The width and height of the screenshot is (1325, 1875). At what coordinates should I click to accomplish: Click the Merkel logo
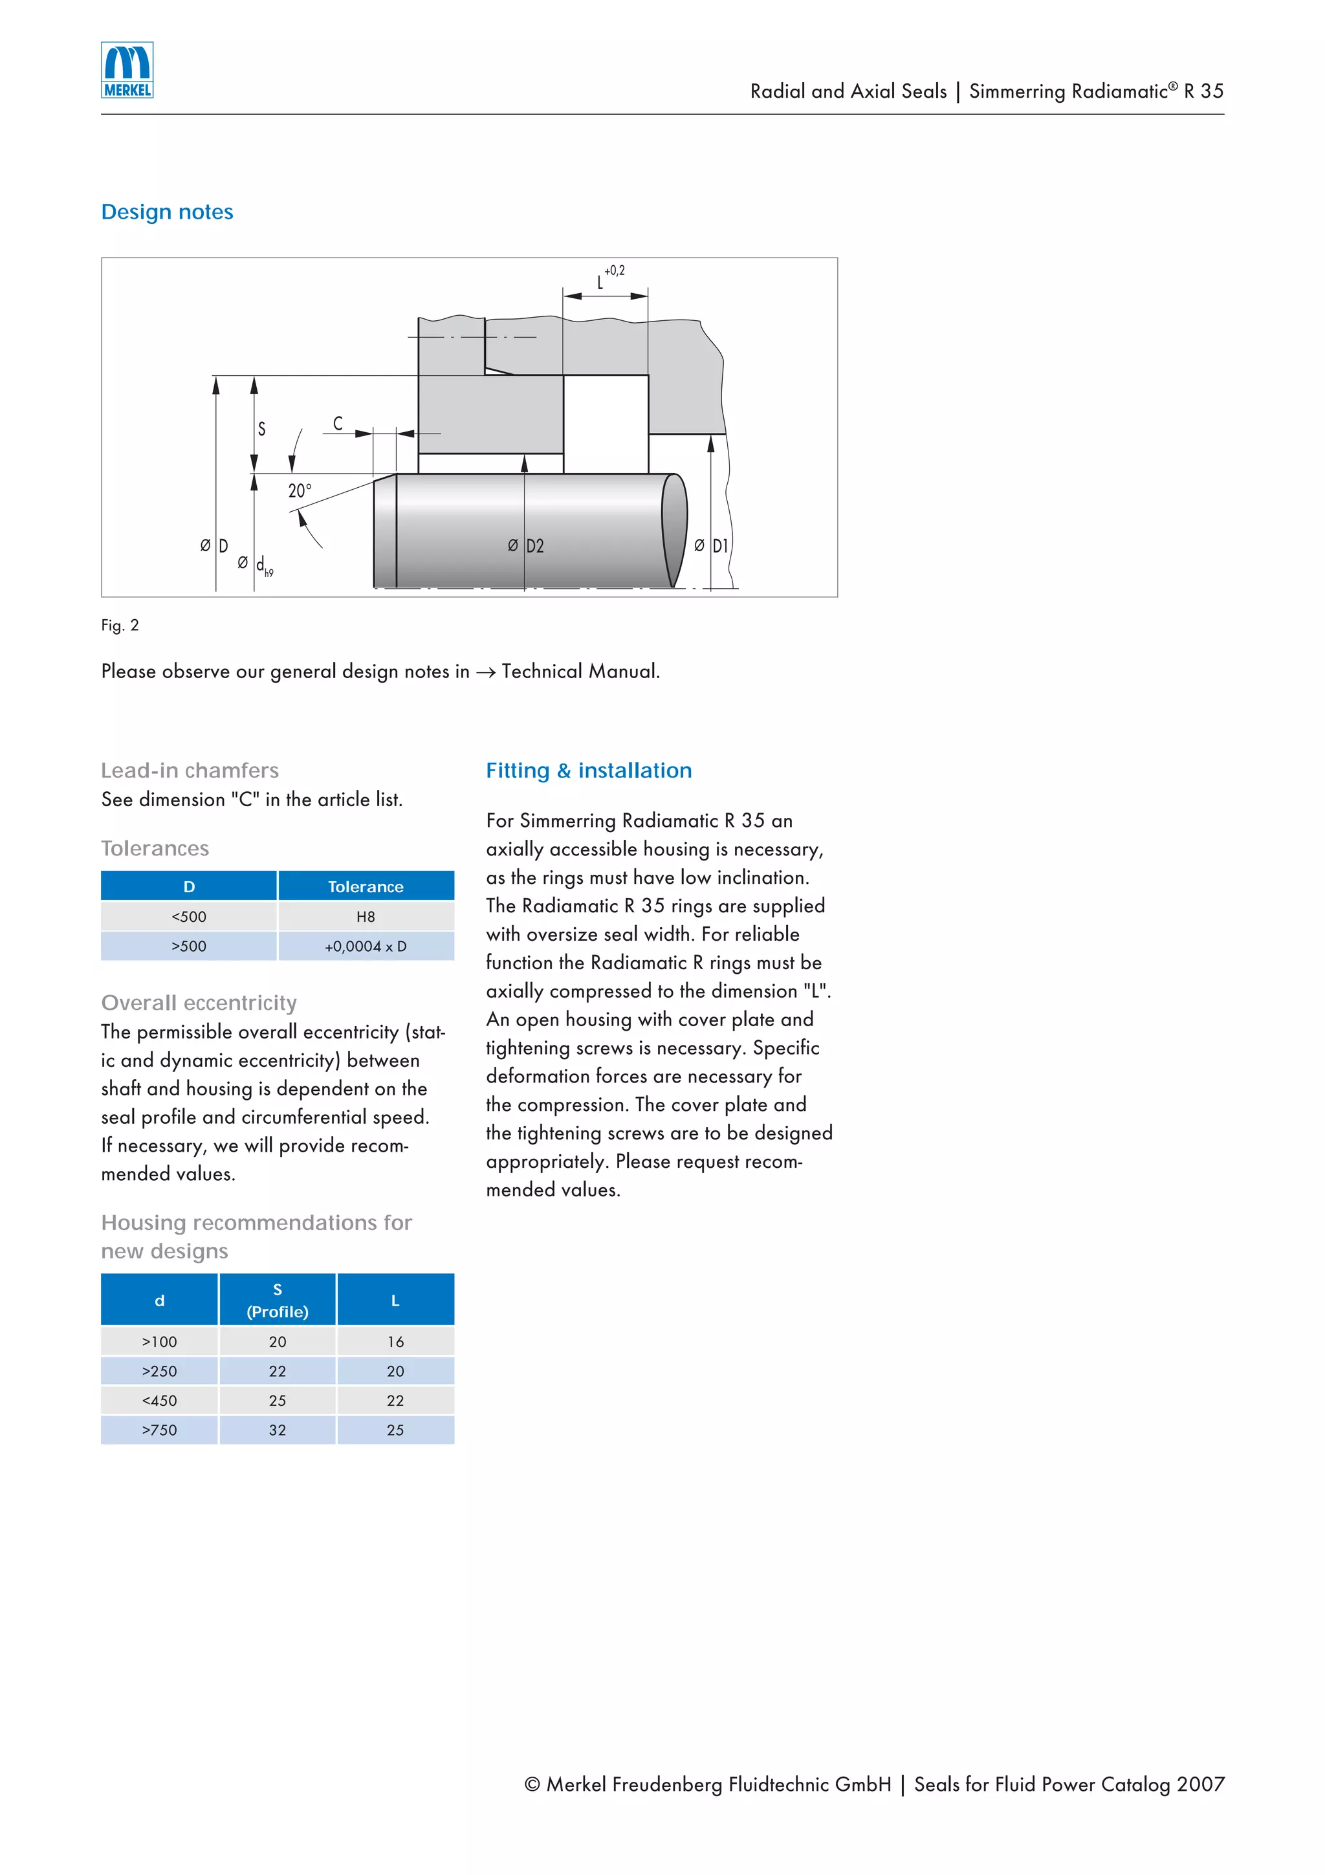(x=127, y=71)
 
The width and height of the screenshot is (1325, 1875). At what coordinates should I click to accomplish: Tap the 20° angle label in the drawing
(x=299, y=491)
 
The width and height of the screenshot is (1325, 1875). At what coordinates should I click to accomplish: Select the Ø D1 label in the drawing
(x=711, y=545)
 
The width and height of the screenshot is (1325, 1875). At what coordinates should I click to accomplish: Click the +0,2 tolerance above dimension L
(x=614, y=270)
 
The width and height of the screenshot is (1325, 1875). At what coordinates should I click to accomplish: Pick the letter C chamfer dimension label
(x=337, y=423)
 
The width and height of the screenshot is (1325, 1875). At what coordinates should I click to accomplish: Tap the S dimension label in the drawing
(x=261, y=429)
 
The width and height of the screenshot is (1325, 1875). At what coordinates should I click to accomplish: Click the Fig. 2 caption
(x=120, y=626)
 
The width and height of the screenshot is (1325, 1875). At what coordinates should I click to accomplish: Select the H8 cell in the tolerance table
(x=365, y=916)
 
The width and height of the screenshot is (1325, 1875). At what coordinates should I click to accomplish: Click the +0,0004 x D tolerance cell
(x=365, y=946)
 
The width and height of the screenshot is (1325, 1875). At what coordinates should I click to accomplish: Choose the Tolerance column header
(x=365, y=887)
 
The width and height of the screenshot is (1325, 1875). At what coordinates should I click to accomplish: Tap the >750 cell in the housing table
(x=159, y=1430)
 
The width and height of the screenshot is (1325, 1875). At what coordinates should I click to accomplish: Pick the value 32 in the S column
(x=278, y=1430)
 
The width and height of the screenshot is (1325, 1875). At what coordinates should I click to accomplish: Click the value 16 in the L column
(x=395, y=1342)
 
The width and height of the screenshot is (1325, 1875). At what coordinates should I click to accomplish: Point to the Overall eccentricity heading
(x=199, y=1003)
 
